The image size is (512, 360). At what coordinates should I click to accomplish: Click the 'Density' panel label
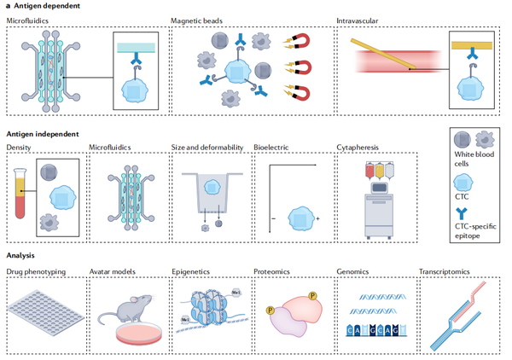[x=19, y=147]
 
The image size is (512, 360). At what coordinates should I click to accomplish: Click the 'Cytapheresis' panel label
[x=358, y=147]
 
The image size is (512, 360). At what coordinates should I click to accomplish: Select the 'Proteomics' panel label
[x=272, y=273]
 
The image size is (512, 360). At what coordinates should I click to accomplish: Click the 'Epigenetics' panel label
[x=192, y=273]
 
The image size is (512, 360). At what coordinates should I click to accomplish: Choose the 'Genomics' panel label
[x=354, y=273]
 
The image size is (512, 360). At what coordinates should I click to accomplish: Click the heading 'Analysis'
[x=23, y=255]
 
